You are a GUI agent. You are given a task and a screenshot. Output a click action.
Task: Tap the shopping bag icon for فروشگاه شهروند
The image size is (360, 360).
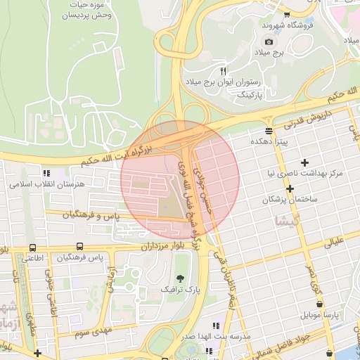click(287, 14)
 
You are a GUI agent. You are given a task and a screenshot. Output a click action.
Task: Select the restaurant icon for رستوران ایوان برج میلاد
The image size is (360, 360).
click(224, 71)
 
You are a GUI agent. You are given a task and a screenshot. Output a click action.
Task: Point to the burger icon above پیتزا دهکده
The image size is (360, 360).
click(269, 131)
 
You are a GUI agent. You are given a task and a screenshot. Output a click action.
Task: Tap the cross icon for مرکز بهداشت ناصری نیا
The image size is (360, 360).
click(304, 162)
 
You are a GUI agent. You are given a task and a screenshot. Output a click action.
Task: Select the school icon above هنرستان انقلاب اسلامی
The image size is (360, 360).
click(46, 173)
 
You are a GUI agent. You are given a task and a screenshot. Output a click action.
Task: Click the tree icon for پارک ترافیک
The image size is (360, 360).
click(179, 279)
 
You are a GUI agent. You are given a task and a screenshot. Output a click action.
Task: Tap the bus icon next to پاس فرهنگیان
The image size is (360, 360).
click(79, 247)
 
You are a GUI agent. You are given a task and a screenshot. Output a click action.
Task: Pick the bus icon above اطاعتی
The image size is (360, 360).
click(33, 247)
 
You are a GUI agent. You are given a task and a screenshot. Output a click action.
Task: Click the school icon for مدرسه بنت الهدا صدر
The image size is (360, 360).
click(216, 326)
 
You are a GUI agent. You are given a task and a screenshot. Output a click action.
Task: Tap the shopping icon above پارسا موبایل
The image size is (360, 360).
click(321, 304)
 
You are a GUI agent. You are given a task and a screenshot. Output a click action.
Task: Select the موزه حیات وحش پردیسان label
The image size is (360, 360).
click(73, 9)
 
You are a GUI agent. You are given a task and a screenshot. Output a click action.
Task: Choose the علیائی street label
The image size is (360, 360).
click(333, 243)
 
